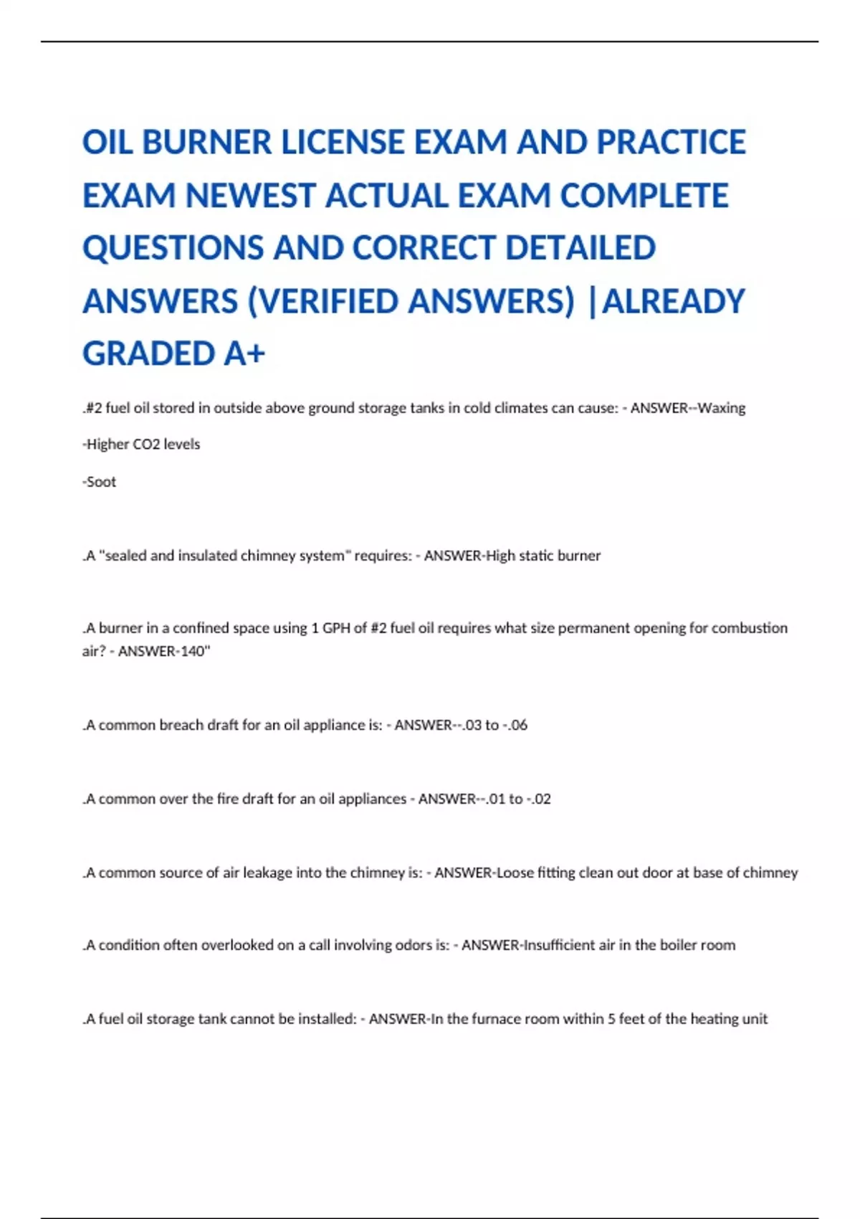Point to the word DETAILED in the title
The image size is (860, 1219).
point(580,248)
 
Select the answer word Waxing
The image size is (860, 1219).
point(722,408)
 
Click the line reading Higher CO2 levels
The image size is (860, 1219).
point(142,445)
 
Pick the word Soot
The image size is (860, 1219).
point(100,482)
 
